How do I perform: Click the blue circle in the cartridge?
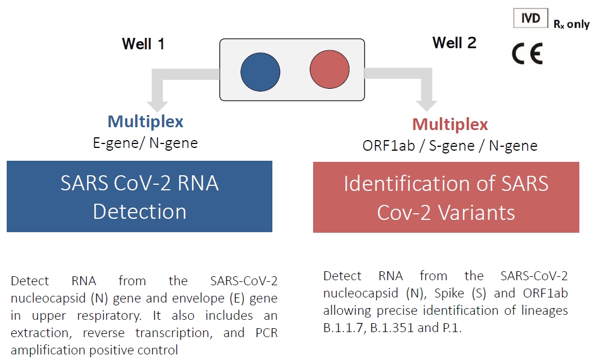(260, 72)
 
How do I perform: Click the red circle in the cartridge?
(329, 69)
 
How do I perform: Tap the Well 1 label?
(143, 44)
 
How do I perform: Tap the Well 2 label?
(454, 42)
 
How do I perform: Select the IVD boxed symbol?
(531, 18)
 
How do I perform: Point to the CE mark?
(527, 54)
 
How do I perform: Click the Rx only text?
(572, 24)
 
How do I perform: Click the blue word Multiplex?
(146, 122)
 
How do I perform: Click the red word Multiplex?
(450, 124)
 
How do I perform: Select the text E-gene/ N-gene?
(146, 143)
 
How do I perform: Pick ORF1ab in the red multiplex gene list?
(388, 146)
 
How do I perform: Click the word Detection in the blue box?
(140, 211)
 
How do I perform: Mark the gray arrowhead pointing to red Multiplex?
(426, 106)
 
